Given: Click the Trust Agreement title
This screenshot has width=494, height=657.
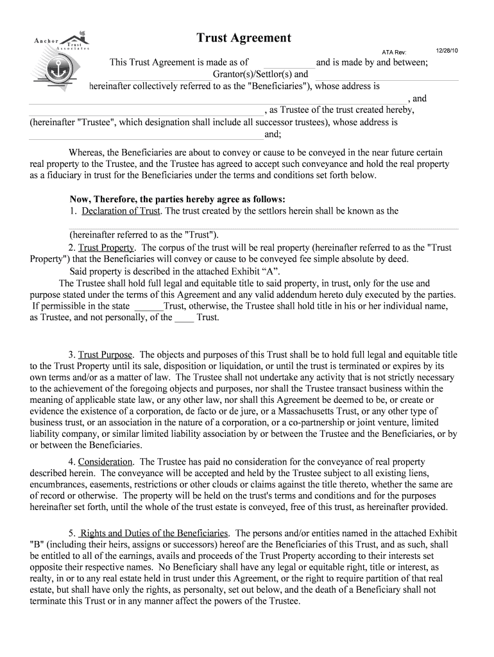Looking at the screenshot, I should click(x=244, y=38).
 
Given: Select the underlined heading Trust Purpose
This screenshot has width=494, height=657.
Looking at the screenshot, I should click(x=105, y=354).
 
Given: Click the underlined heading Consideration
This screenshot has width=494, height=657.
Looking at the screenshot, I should click(x=105, y=462).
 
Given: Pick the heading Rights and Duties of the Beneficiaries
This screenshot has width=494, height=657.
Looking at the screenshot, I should click(x=153, y=533).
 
